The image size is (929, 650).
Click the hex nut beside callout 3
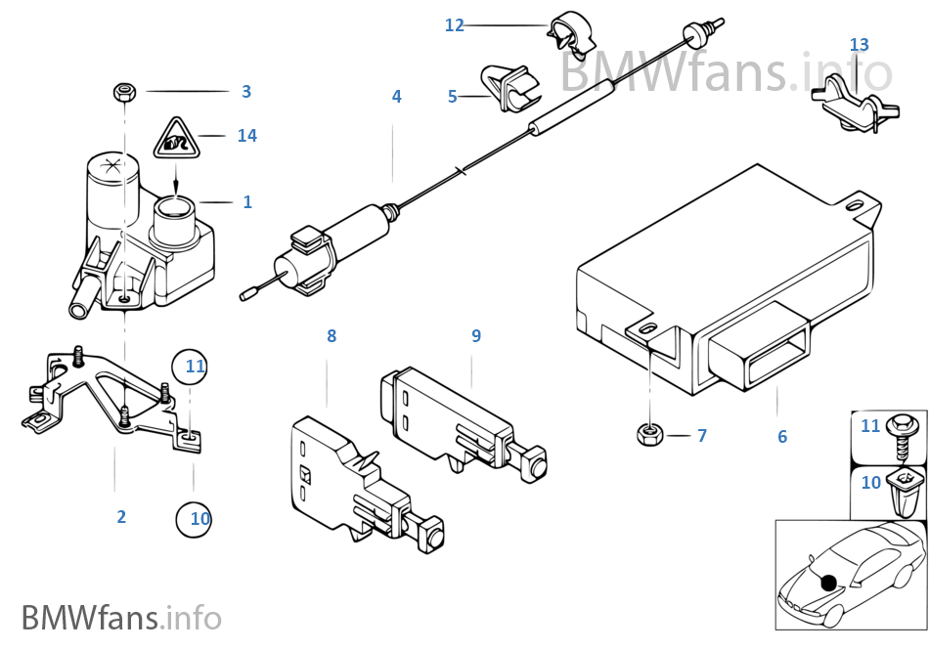point(124,93)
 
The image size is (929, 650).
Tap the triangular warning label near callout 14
point(174,141)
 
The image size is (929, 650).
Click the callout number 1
point(247,202)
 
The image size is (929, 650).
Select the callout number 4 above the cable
point(396,97)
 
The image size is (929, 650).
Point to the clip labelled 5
point(512,87)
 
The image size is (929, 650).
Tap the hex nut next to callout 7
point(647,433)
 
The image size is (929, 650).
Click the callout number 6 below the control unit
point(782,437)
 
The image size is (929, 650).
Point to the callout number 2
point(121,517)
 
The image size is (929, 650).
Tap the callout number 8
point(332,336)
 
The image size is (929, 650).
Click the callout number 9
point(476,336)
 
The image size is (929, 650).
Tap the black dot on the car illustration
point(829,584)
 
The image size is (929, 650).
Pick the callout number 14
point(247,136)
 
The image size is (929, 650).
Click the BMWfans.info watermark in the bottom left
point(121,619)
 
